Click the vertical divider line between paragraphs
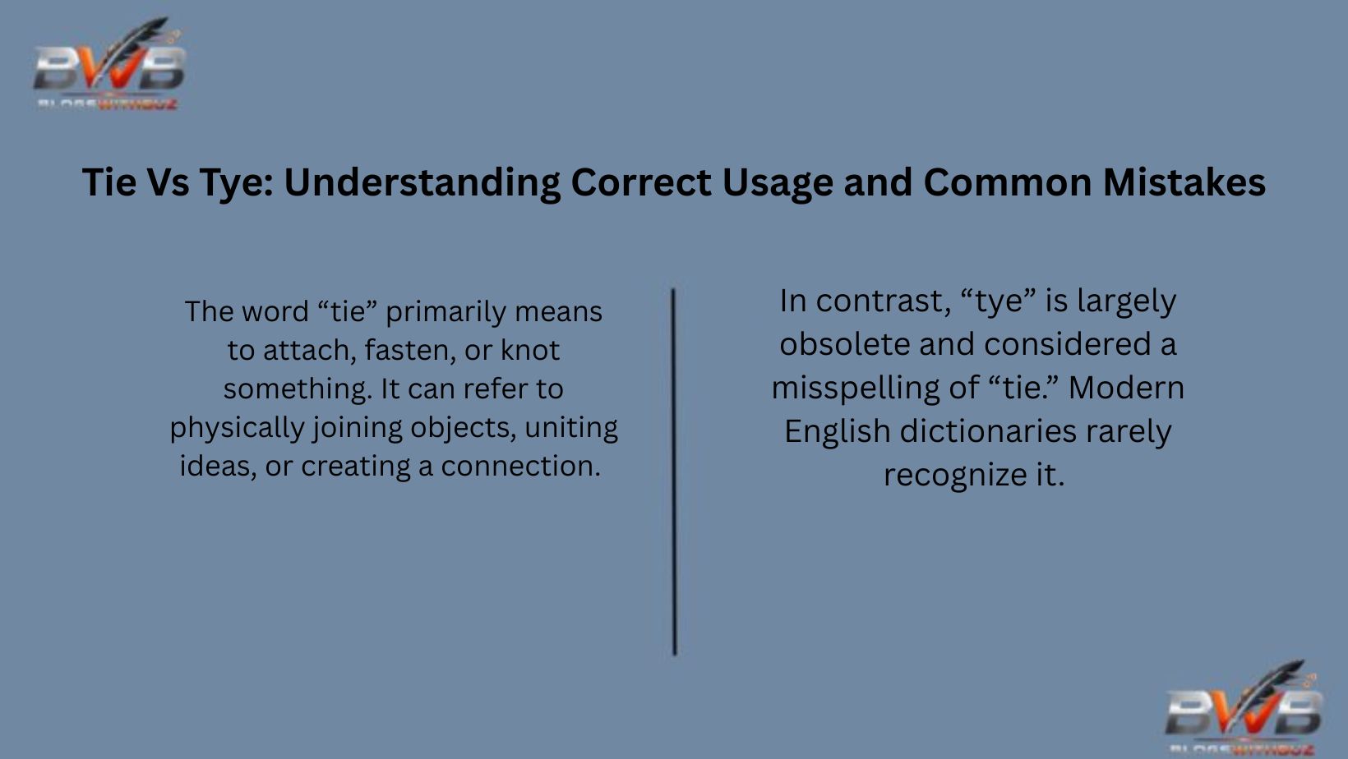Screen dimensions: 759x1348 (674, 471)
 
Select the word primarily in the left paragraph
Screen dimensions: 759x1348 (446, 312)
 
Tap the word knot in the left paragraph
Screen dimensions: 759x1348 (530, 351)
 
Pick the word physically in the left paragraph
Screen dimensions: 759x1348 (238, 428)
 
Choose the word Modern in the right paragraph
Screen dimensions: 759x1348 (1126, 388)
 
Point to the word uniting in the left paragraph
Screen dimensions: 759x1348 (571, 428)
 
